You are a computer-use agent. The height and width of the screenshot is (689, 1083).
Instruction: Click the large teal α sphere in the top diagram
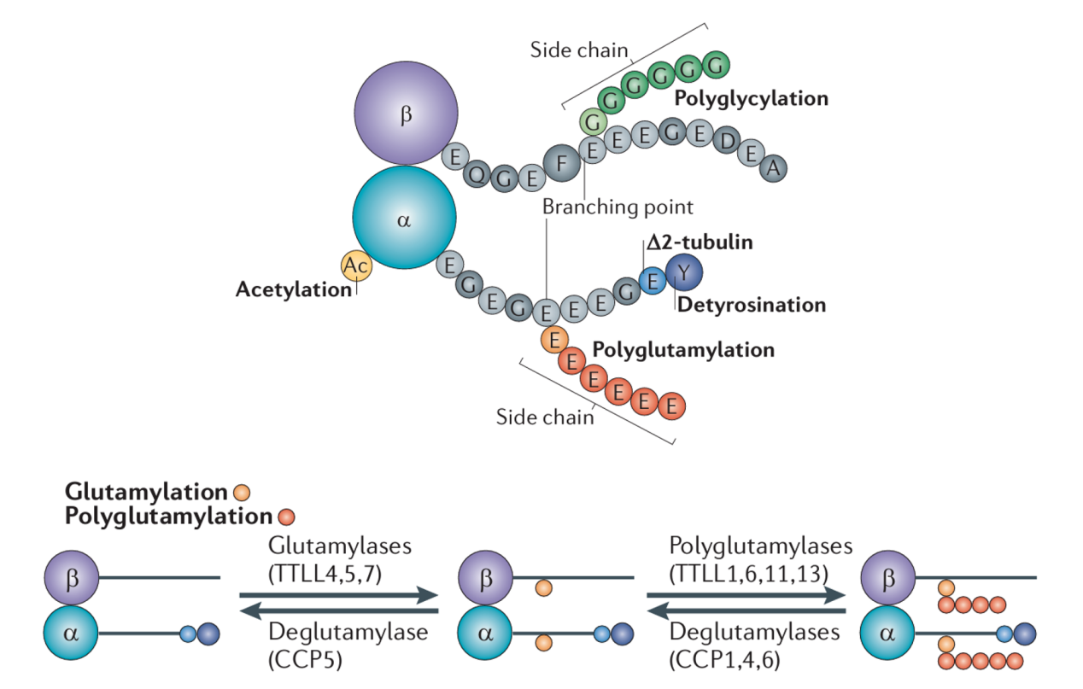pyautogui.click(x=404, y=219)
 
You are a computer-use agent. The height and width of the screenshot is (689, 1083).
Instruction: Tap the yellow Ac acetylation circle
pyautogui.click(x=356, y=266)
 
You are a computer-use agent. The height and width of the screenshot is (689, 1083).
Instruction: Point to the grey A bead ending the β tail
pyautogui.click(x=773, y=169)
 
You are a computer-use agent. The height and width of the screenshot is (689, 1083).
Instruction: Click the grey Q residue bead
pyautogui.click(x=479, y=174)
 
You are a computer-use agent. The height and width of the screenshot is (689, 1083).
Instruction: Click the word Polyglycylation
pyautogui.click(x=751, y=98)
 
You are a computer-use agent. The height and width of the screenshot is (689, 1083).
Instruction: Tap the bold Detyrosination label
pyautogui.click(x=751, y=305)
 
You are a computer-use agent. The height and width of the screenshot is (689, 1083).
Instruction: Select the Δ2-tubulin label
pyautogui.click(x=700, y=242)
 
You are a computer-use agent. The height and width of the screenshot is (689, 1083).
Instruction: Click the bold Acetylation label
pyautogui.click(x=293, y=289)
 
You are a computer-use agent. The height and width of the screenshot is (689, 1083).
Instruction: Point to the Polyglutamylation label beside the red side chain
pyautogui.click(x=682, y=349)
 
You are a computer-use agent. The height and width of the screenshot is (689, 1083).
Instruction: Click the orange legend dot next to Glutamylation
pyautogui.click(x=242, y=492)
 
